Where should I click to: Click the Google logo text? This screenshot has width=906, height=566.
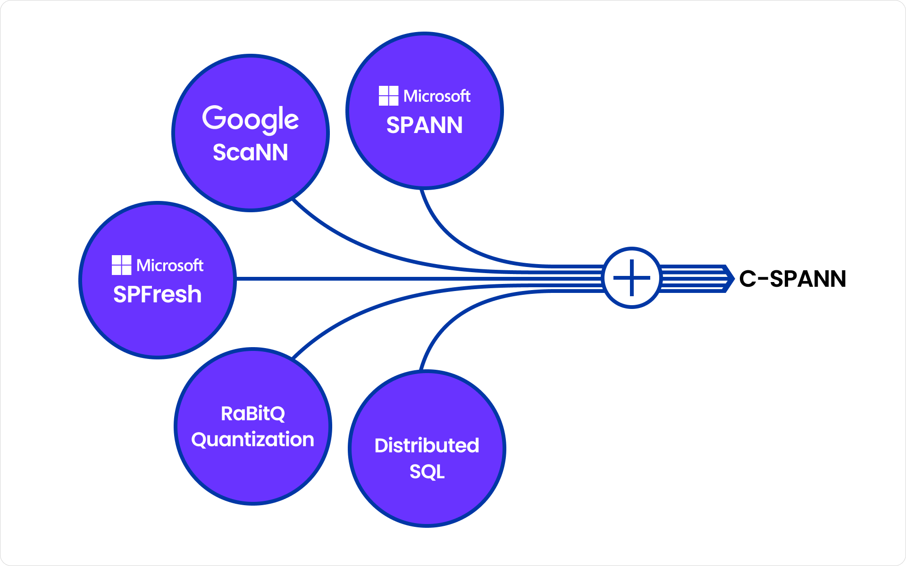pyautogui.click(x=250, y=118)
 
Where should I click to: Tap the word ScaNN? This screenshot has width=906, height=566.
pyautogui.click(x=250, y=152)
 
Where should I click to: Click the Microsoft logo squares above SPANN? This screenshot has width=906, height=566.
pyautogui.click(x=388, y=96)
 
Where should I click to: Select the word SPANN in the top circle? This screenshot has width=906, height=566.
pyautogui.click(x=424, y=125)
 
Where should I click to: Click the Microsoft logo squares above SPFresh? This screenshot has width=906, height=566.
pyautogui.click(x=121, y=265)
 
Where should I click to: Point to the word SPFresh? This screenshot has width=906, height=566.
pyautogui.click(x=157, y=294)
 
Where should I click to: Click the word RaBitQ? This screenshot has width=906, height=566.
pyautogui.click(x=253, y=414)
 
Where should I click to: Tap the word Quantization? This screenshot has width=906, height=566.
pyautogui.click(x=252, y=440)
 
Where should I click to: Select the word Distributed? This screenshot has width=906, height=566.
pyautogui.click(x=427, y=445)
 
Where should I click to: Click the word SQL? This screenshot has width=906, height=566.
pyautogui.click(x=427, y=472)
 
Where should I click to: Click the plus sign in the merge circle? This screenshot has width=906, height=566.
pyautogui.click(x=631, y=278)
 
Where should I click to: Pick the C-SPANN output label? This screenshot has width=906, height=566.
pyautogui.click(x=792, y=279)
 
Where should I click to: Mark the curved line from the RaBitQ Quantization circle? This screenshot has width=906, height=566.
pyautogui.click(x=359, y=312)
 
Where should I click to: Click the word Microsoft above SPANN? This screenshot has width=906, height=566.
pyautogui.click(x=436, y=96)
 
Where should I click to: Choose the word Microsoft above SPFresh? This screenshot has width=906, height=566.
pyautogui.click(x=169, y=266)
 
